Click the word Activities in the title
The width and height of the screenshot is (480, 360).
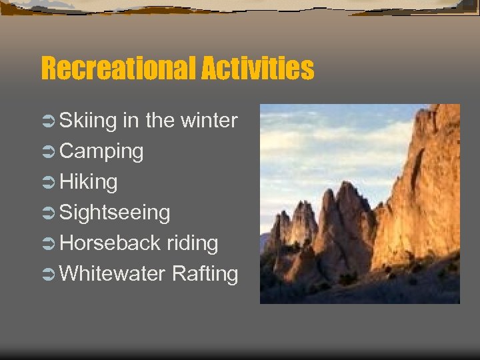coord(259,68)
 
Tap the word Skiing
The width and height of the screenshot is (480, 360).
coord(89,121)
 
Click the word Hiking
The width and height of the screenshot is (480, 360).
coord(89,182)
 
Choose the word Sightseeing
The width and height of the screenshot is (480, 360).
coord(115,213)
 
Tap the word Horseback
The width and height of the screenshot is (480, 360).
coord(110,243)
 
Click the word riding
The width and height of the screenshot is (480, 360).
coord(192,243)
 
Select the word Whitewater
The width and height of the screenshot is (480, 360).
coord(113,274)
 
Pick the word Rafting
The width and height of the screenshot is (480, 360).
coord(205,274)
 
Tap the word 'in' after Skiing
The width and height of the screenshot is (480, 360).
coord(131,121)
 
